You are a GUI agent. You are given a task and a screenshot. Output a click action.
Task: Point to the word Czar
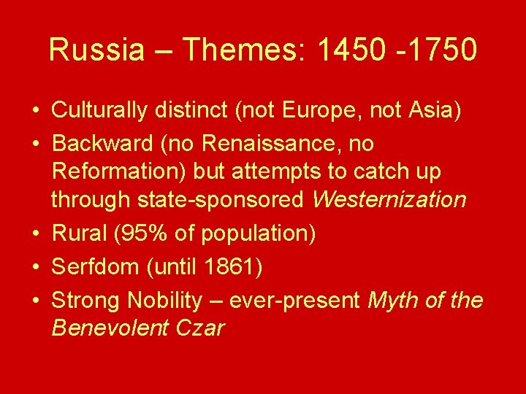(x=200, y=328)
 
